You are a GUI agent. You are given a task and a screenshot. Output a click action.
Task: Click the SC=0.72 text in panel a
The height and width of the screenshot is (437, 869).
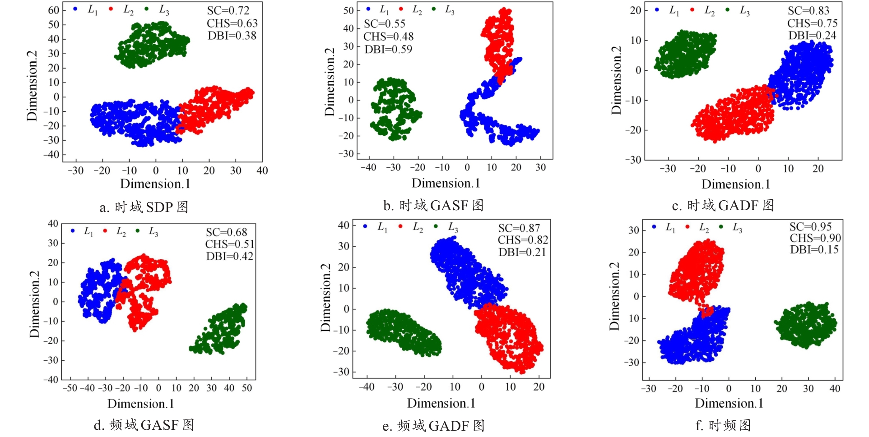228,10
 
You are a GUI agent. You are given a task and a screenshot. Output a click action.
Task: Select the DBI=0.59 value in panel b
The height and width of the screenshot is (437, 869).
388,49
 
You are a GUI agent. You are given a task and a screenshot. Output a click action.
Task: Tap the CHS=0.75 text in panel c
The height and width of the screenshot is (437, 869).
812,23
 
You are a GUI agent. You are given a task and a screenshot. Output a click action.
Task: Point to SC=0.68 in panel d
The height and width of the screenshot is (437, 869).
227,232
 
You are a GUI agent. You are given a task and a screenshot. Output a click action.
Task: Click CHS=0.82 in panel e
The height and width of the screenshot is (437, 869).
523,240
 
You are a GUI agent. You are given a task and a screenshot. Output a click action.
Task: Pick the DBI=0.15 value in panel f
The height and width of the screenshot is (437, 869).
814,249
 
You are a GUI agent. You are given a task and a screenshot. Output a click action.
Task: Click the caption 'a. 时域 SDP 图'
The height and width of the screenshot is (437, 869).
144,207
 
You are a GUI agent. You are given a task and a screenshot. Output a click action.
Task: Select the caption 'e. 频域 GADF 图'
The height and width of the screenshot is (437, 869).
433,426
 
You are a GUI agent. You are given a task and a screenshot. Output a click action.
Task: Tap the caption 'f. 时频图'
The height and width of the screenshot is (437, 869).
723,425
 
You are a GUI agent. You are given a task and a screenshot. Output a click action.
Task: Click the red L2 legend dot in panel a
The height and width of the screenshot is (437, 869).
111,9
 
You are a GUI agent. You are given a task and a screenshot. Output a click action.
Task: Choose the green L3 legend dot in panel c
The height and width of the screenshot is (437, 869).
727,9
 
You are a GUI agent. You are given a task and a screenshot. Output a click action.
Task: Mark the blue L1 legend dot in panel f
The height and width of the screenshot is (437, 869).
654,226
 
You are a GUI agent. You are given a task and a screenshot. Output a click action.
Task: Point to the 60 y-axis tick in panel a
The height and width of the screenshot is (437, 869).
54,10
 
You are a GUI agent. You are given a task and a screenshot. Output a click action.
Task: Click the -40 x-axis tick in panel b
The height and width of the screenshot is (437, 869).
368,167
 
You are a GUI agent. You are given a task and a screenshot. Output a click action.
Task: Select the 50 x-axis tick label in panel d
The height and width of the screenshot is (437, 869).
246,388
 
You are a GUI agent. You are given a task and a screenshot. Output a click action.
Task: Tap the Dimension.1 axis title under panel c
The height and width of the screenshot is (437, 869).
735,184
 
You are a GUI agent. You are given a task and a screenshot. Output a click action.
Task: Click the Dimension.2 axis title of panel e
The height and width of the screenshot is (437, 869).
325,298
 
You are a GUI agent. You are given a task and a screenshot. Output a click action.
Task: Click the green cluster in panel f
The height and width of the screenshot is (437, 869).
806,325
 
